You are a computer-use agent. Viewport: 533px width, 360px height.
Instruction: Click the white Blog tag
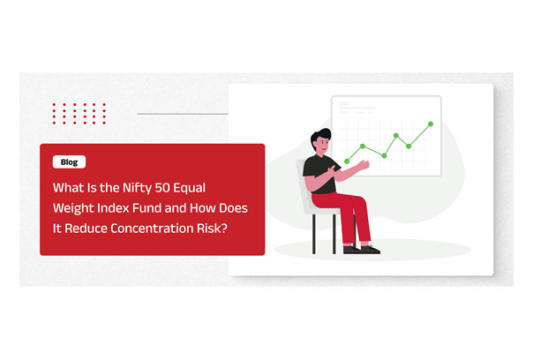69,161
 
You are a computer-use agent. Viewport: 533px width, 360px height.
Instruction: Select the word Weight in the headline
73,208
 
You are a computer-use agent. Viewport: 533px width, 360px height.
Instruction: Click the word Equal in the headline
190,188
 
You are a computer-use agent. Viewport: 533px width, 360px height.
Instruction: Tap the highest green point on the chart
431,124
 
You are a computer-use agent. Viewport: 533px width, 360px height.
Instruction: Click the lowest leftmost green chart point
347,161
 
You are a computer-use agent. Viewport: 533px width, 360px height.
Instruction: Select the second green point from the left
363,146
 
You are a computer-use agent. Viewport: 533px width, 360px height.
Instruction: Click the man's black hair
320,136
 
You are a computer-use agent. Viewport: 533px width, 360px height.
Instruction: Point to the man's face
323,146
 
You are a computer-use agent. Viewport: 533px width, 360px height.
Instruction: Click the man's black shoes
361,249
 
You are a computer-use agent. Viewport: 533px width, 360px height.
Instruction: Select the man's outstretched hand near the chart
364,165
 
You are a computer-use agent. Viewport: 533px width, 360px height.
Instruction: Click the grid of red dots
79,114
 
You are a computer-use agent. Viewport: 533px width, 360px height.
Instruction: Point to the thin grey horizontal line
183,114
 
